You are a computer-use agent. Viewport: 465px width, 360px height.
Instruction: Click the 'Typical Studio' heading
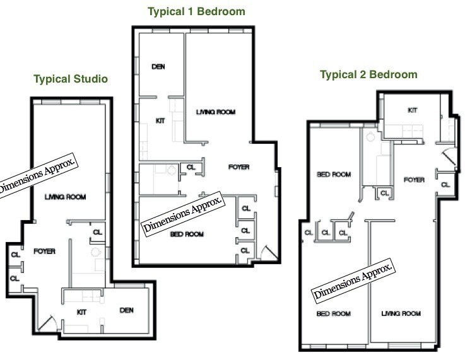tap(71, 79)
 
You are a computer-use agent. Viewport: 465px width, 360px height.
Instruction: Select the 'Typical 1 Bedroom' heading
tap(196, 12)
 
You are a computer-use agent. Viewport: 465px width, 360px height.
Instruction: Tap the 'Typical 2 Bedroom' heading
tap(368, 74)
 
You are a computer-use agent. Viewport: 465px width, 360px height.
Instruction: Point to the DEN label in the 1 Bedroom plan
tap(158, 67)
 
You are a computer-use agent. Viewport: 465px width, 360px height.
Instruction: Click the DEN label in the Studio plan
tap(127, 310)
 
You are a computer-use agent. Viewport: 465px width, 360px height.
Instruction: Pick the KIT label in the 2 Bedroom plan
tap(413, 110)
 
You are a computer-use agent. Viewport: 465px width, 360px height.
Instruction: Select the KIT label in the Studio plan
tap(81, 312)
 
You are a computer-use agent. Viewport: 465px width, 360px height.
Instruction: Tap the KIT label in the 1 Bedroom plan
tap(160, 120)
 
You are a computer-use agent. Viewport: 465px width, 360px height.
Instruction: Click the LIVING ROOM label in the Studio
tap(65, 197)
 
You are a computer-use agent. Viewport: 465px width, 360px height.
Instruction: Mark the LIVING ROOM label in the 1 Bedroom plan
tap(216, 112)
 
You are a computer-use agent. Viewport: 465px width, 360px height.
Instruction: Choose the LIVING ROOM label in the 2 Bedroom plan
tap(401, 313)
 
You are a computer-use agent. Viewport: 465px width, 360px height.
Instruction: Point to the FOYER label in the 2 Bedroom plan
tap(414, 180)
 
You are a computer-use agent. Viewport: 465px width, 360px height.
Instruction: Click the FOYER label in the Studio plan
tap(45, 252)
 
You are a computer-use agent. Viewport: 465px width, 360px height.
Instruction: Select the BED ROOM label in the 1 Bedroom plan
tap(187, 235)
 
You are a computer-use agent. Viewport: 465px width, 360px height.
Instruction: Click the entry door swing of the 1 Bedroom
tap(269, 253)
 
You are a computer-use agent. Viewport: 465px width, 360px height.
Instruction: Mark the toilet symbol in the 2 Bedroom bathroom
tap(370, 137)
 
